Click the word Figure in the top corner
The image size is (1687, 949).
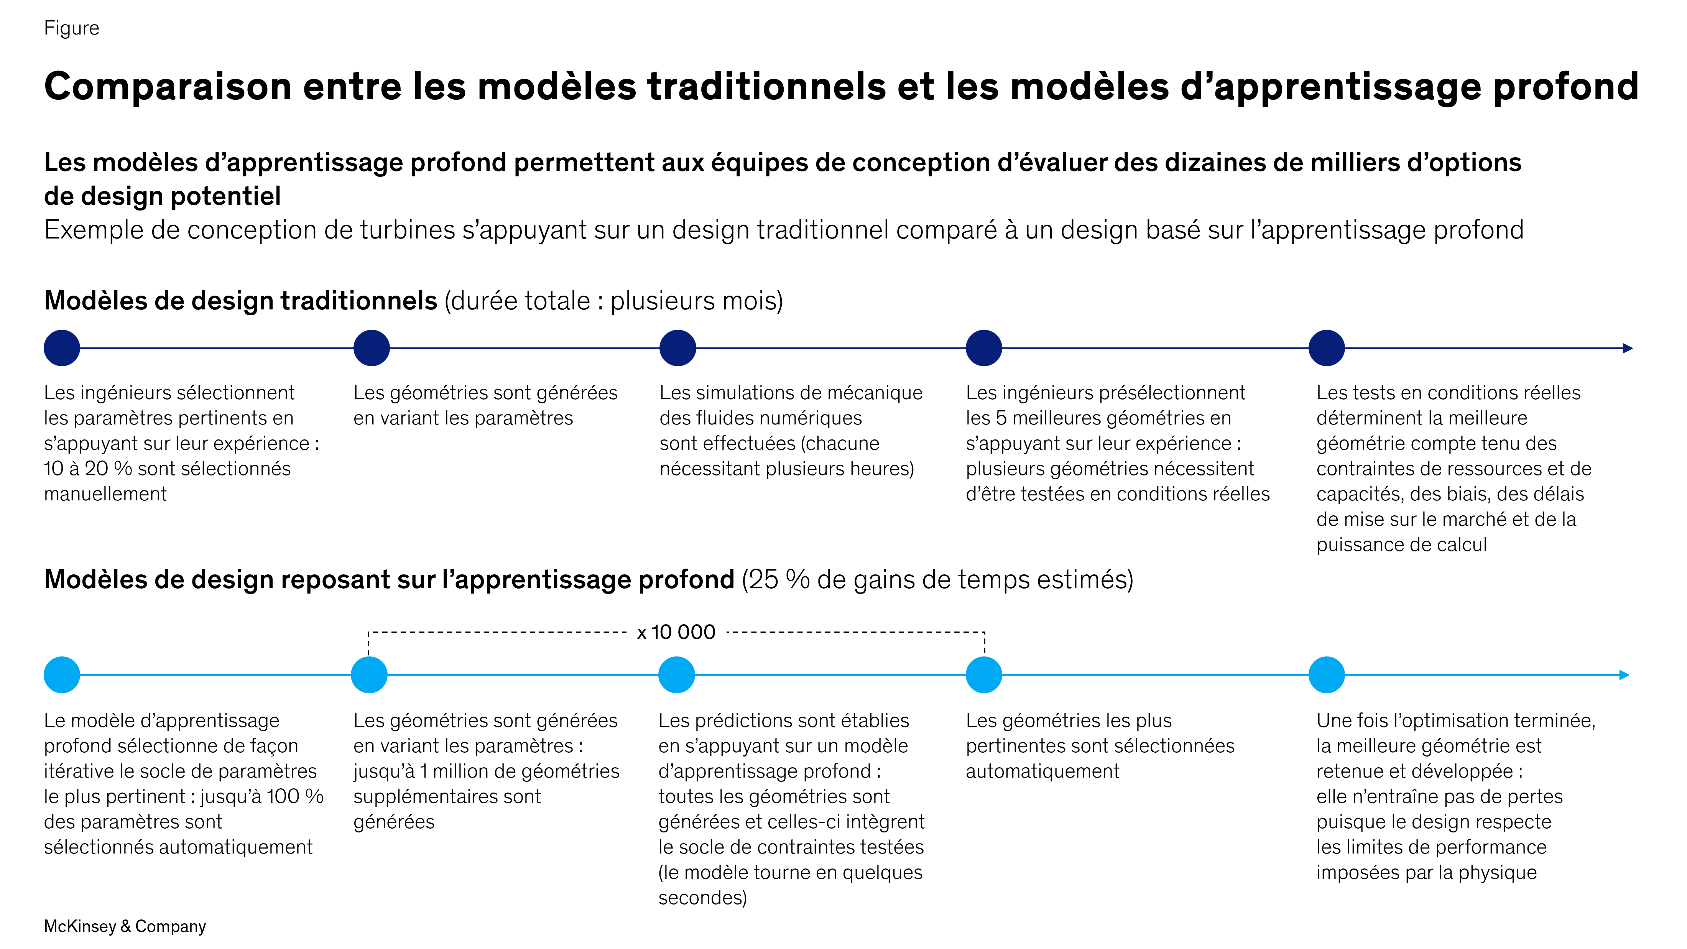click(71, 28)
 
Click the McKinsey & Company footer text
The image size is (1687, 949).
click(125, 926)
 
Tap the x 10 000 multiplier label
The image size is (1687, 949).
click(676, 632)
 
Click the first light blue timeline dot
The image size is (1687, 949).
click(62, 674)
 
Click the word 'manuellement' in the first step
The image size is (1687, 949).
click(105, 494)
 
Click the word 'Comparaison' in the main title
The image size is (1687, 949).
click(168, 86)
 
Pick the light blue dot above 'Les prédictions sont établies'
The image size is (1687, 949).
click(676, 674)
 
